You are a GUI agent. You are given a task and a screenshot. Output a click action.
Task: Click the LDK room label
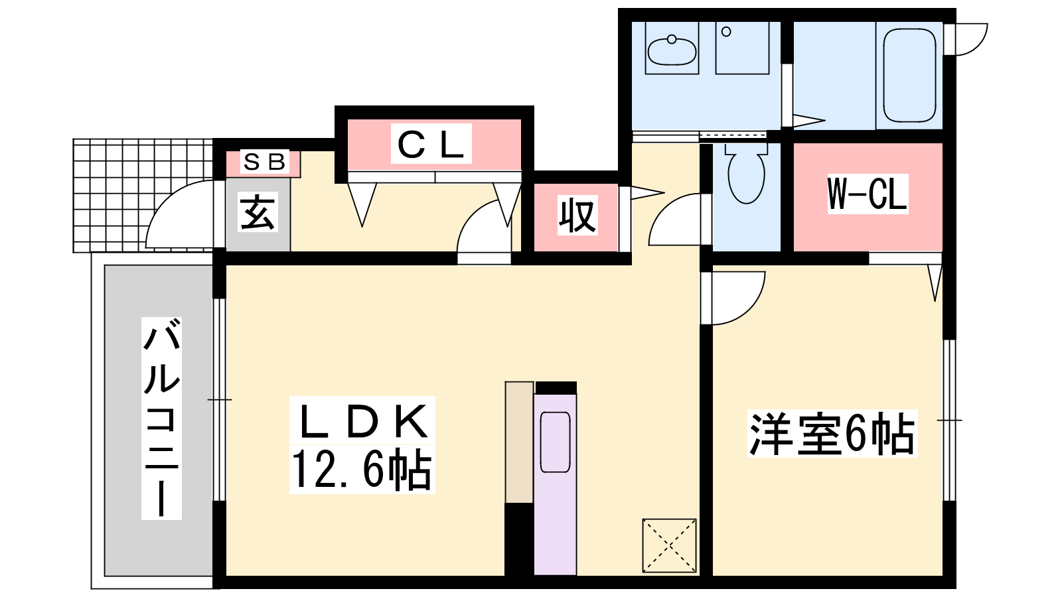tap(362, 421)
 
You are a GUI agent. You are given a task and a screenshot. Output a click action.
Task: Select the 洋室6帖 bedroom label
tap(832, 434)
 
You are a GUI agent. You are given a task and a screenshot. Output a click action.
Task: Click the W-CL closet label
tap(867, 194)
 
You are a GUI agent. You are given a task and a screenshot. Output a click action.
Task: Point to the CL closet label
tap(431, 143)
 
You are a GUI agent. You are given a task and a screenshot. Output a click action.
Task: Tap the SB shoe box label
tap(264, 162)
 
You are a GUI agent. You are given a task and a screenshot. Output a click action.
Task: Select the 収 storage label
tap(577, 215)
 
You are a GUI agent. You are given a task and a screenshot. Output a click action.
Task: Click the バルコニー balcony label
tap(162, 417)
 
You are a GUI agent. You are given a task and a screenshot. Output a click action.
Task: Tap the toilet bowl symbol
tap(746, 173)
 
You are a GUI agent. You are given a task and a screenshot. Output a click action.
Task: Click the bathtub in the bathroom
tap(910, 76)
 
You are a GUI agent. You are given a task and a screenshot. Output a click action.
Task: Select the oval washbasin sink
tap(672, 50)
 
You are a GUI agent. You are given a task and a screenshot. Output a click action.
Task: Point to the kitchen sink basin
tap(555, 442)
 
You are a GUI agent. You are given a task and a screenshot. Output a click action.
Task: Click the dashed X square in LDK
tap(670, 545)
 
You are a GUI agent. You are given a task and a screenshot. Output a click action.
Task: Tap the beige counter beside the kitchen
tap(520, 442)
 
